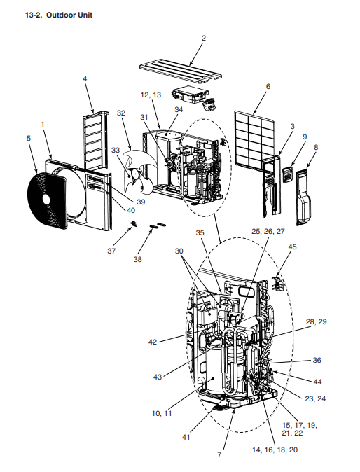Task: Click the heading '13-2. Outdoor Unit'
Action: (x=59, y=15)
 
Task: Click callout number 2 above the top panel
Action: (x=204, y=38)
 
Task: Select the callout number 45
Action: (x=292, y=247)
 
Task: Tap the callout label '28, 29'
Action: (x=316, y=321)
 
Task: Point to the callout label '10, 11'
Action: (x=162, y=414)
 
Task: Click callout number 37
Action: (x=111, y=251)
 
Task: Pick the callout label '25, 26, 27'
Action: (x=268, y=232)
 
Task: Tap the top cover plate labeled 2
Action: (x=181, y=71)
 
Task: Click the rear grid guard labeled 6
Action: (x=255, y=139)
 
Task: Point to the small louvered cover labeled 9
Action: (x=288, y=174)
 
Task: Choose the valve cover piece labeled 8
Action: (x=304, y=197)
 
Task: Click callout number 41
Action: (x=186, y=437)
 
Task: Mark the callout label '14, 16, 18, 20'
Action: (x=275, y=450)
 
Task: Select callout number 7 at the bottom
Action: (x=219, y=454)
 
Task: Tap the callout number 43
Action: (x=158, y=377)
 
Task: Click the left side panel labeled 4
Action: (x=96, y=139)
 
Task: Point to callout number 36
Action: (x=317, y=360)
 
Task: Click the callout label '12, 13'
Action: (x=151, y=95)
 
